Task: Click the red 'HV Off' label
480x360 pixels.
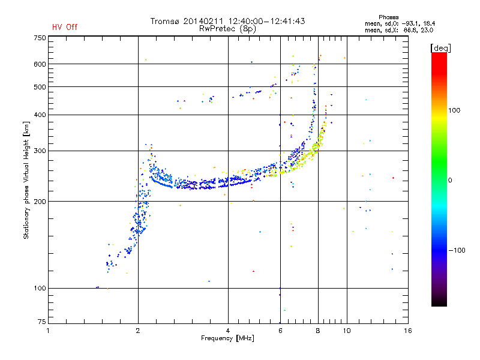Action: click(65, 27)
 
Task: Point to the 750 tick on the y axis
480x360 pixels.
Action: click(39, 37)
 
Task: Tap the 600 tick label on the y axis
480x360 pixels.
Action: click(39, 64)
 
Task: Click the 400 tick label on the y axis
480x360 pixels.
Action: click(39, 115)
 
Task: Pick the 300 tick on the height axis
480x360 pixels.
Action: click(39, 151)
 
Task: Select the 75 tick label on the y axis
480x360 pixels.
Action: click(41, 323)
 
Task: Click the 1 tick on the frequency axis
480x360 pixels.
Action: click(48, 330)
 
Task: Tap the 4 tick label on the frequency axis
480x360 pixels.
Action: click(228, 330)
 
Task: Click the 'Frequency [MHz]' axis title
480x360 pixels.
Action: click(227, 338)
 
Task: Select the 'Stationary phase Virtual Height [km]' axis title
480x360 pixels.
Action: click(26, 180)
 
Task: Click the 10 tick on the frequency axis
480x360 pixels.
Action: click(346, 330)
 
